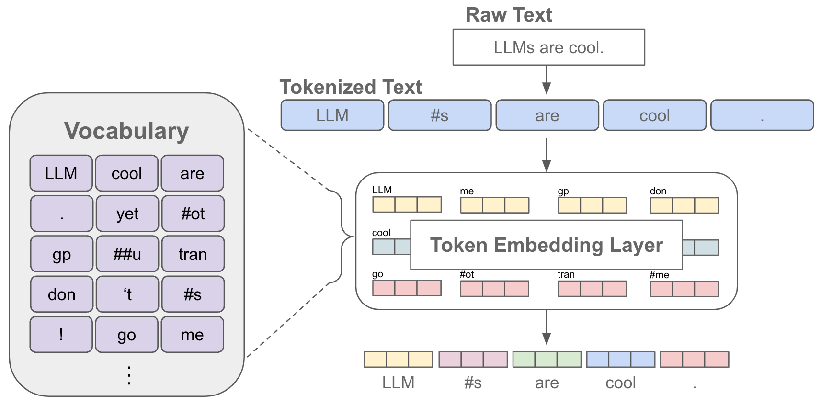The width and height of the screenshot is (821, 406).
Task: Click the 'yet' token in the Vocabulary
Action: [127, 214]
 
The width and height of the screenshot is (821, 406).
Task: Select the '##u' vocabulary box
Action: [127, 254]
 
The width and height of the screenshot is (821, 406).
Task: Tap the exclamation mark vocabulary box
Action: [61, 334]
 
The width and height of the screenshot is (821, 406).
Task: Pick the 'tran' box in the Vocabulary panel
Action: [193, 254]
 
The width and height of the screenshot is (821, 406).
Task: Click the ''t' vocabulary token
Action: [127, 294]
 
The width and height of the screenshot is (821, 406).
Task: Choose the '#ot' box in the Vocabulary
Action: [193, 214]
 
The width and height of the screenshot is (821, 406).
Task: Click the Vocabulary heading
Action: [126, 131]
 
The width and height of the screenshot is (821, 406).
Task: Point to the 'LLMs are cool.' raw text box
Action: [548, 47]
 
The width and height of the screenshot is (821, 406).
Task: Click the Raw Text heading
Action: [509, 15]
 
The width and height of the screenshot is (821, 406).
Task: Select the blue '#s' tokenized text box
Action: [440, 115]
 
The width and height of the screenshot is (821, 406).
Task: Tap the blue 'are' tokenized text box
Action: [547, 115]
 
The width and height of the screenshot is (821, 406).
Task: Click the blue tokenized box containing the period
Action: [762, 115]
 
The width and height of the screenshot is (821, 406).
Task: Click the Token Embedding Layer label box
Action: [546, 245]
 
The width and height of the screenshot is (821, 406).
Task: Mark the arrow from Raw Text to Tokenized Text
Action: [547, 80]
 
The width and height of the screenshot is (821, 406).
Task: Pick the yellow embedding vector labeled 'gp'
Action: [593, 205]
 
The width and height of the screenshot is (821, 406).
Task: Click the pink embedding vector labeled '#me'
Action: [684, 289]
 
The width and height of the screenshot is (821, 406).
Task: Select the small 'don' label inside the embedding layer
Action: [658, 191]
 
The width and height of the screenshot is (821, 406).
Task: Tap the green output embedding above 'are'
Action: [547, 360]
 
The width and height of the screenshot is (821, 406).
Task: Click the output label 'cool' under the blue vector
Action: [620, 383]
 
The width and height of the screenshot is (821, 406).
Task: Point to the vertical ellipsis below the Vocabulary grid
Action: [129, 375]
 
